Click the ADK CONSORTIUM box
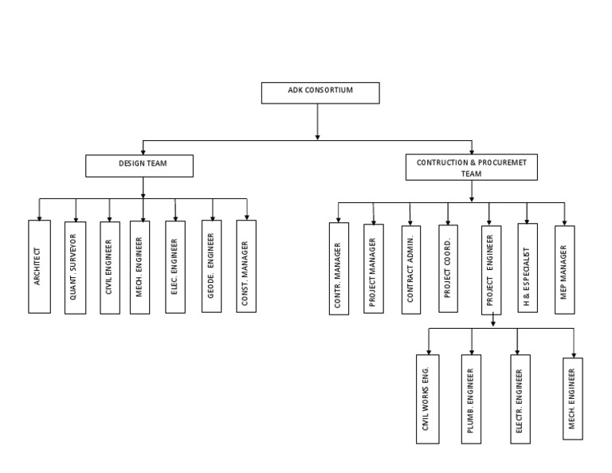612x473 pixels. pos(320,92)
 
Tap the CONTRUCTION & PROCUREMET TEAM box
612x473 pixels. pos(472,167)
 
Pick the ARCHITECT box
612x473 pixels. pos(39,267)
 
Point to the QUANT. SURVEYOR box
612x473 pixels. pos(75,267)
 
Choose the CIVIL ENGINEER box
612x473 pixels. pos(110,267)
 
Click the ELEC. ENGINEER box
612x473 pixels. pos(175,266)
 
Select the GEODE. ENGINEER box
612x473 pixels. pos(212,266)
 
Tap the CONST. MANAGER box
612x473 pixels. pos(246,266)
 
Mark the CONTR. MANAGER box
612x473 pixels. pos(339,268)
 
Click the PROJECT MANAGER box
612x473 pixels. pos(374,268)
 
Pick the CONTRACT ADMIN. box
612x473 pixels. pos(411,268)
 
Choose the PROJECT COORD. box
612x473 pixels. pos(448,268)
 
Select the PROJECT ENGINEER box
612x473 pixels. pos(492,268)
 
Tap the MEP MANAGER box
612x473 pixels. pos(565,268)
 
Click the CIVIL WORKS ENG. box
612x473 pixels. pos(427,398)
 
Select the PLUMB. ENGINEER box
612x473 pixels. pos(472,398)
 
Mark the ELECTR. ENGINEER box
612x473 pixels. pos(520,398)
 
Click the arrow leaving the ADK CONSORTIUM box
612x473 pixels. pos(318,121)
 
